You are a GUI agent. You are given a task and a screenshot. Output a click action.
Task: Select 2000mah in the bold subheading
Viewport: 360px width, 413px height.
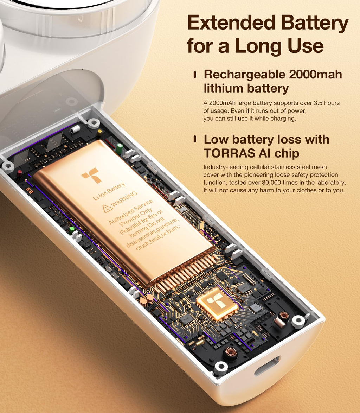[315, 74]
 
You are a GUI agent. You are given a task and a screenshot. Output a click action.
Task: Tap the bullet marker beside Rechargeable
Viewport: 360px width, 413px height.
[195, 75]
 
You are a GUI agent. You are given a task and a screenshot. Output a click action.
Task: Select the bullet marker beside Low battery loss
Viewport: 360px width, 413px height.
[195, 139]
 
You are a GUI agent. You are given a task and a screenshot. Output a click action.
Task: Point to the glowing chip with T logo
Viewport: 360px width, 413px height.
[217, 303]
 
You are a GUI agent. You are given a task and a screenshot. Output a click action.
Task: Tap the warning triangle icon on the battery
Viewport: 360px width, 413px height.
[107, 208]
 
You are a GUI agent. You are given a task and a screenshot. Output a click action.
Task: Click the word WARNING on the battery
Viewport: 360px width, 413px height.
[124, 199]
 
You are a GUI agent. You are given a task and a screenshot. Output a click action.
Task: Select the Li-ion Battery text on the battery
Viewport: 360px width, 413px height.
[109, 191]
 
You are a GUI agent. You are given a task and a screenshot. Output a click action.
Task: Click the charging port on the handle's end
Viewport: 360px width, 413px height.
[267, 366]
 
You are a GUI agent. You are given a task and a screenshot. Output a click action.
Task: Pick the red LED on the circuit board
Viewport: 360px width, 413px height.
[20, 172]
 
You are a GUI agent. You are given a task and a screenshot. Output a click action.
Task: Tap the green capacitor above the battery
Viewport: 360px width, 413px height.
[120, 147]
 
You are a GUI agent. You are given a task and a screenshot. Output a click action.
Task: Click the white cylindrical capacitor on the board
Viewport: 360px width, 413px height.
[76, 129]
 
